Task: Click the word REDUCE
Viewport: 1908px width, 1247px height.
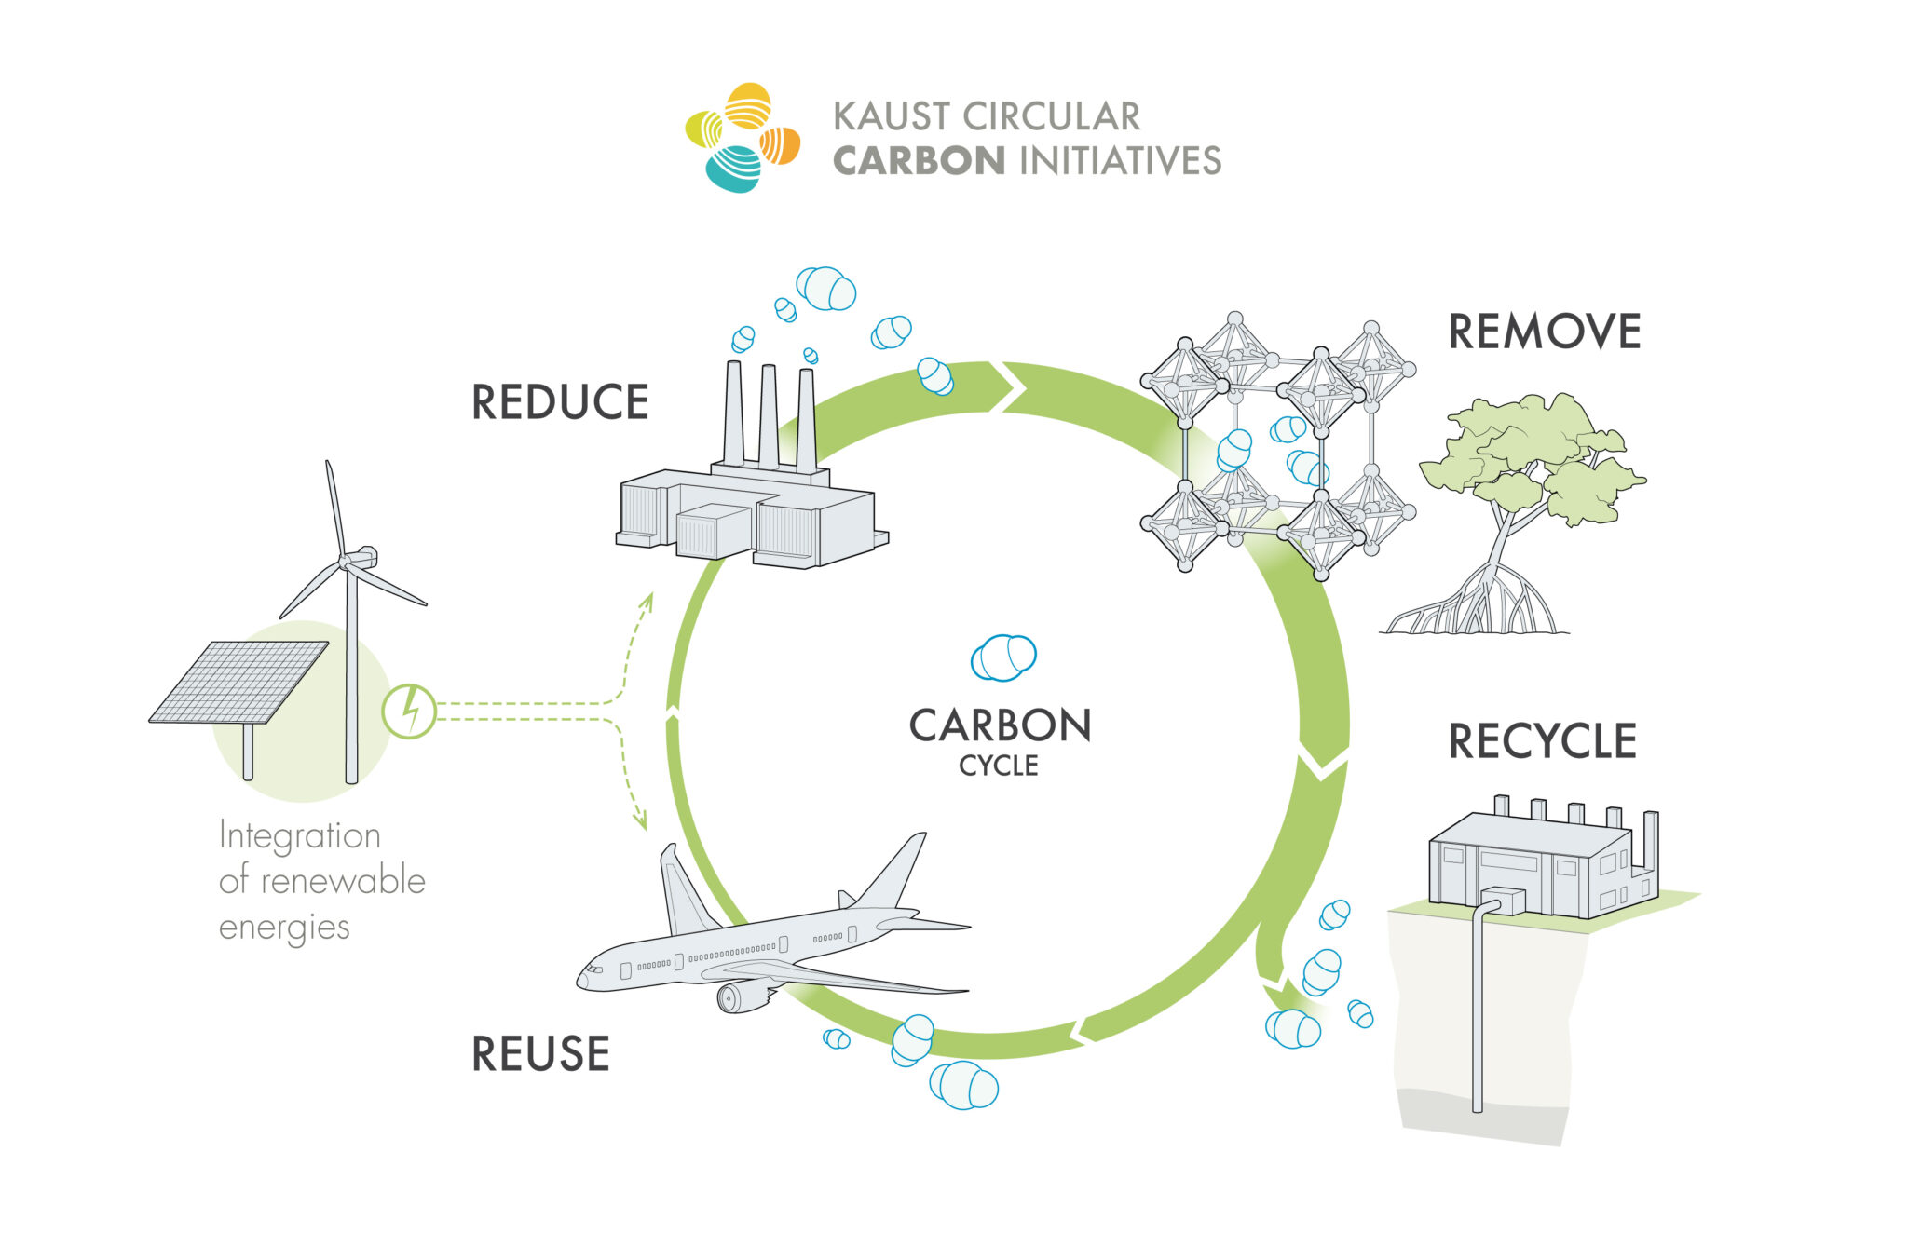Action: pyautogui.click(x=560, y=402)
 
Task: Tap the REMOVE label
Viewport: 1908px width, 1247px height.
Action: pyautogui.click(x=1544, y=332)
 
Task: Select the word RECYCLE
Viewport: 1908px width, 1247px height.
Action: pyautogui.click(x=1542, y=741)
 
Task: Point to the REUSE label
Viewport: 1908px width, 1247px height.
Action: pyautogui.click(x=540, y=1054)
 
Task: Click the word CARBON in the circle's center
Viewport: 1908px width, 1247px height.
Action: pyautogui.click(x=1000, y=726)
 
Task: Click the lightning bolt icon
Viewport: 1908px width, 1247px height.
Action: pyautogui.click(x=409, y=712)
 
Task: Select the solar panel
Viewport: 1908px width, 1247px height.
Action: pyautogui.click(x=239, y=681)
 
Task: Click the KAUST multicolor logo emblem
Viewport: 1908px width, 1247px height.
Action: pyautogui.click(x=743, y=137)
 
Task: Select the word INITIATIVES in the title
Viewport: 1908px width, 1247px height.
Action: pyautogui.click(x=1121, y=161)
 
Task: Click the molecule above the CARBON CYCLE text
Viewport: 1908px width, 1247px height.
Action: pyautogui.click(x=1003, y=657)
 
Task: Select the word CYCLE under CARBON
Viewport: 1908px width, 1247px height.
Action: pyautogui.click(x=999, y=766)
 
